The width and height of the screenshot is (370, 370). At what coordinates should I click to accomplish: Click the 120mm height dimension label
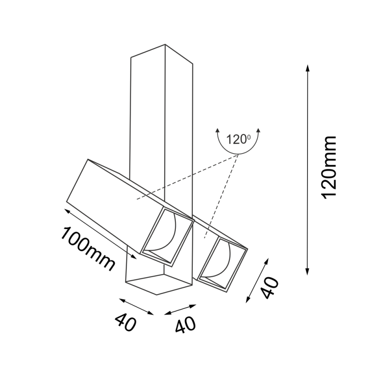(x=328, y=168)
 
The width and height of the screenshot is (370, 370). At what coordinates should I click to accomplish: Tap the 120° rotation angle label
(x=238, y=139)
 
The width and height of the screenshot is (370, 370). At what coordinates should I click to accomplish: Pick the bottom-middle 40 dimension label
(x=185, y=324)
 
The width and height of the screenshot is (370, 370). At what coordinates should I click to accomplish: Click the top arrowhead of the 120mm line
(x=307, y=68)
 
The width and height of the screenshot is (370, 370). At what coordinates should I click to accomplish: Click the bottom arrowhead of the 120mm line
(x=307, y=271)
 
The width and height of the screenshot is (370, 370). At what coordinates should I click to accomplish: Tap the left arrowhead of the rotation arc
(x=217, y=131)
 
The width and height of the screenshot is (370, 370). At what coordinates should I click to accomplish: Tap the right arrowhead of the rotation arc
(x=259, y=131)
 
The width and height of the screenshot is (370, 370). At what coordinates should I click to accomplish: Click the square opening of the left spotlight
(x=167, y=237)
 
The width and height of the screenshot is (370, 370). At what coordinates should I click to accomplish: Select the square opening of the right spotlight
(x=222, y=264)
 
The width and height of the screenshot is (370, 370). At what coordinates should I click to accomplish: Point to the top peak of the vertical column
(x=165, y=44)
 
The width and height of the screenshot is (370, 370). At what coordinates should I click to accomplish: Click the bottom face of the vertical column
(x=158, y=284)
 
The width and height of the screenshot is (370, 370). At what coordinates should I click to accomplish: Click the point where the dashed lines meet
(x=238, y=154)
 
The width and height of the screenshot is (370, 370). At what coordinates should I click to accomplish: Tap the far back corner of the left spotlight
(x=88, y=159)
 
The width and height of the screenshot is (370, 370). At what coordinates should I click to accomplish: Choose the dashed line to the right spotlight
(x=221, y=196)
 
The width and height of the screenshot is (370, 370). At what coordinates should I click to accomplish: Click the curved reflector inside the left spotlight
(x=164, y=233)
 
